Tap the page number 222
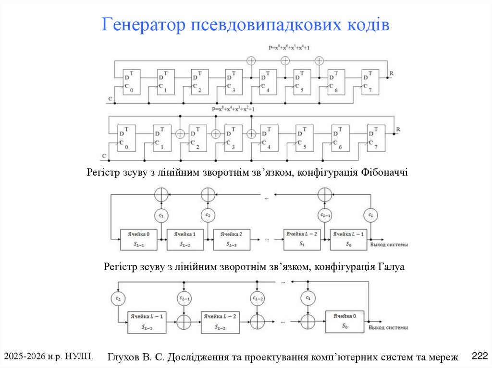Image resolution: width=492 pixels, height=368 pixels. tap(480, 356)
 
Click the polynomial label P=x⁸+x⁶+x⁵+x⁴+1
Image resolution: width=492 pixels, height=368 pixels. tap(289, 48)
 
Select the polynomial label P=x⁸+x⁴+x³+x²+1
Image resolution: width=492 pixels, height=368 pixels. tap(233, 109)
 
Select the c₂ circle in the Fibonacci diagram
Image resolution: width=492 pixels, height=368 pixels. tap(208, 216)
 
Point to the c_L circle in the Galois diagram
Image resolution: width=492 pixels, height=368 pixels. tap(118, 298)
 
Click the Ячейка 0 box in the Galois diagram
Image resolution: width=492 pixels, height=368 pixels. tap(344, 321)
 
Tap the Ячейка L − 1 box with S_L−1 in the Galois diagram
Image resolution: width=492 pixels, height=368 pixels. tap(147, 322)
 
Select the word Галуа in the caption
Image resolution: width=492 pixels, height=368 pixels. tap(391, 267)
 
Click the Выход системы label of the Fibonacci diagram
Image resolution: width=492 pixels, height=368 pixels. tap(389, 245)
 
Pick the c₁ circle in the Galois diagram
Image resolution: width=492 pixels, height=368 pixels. tap(307, 298)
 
